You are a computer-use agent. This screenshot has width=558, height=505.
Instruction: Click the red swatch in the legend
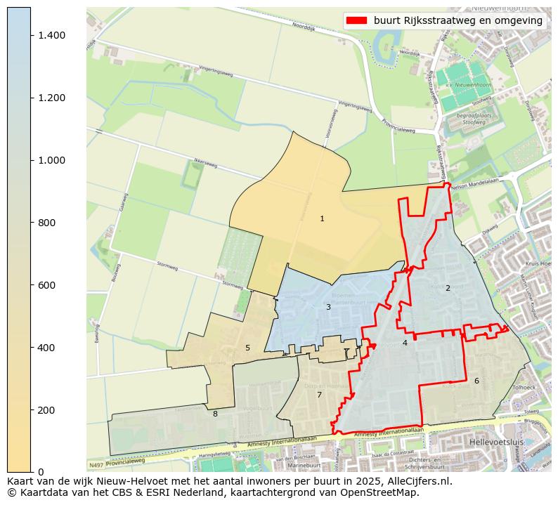(x=356, y=20)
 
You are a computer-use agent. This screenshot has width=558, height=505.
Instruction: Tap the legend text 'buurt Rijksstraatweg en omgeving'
(x=458, y=20)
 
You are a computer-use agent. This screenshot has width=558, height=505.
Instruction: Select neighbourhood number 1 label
(x=322, y=218)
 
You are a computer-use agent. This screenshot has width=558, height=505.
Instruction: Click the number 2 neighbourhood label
(x=448, y=288)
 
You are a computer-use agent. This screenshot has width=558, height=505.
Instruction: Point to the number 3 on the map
(x=328, y=307)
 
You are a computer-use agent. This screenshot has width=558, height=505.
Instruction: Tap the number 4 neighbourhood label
(x=405, y=343)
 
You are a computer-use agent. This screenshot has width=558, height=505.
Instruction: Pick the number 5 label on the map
(x=247, y=348)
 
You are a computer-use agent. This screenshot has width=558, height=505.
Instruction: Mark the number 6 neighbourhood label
(x=476, y=381)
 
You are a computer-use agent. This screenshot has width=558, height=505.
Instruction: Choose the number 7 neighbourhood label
(x=319, y=395)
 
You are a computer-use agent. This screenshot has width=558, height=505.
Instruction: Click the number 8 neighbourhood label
(x=215, y=414)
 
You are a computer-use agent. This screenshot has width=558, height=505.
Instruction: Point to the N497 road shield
(x=96, y=465)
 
